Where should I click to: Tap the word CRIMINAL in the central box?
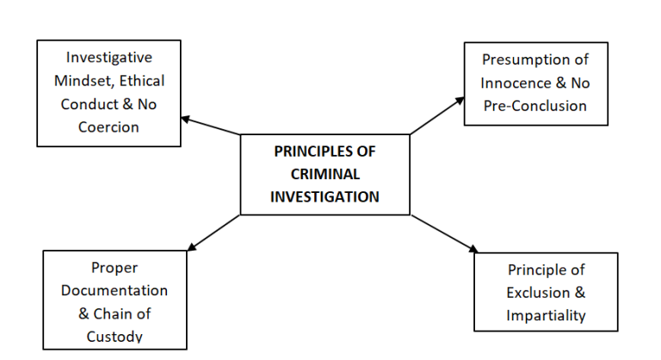click(x=324, y=173)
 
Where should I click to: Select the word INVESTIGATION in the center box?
click(x=324, y=196)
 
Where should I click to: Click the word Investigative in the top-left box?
click(x=109, y=58)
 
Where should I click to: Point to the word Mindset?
click(x=83, y=81)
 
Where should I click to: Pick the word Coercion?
click(x=109, y=127)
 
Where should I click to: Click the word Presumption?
click(x=525, y=60)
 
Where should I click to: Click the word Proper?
click(x=114, y=268)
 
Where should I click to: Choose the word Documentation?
click(x=114, y=290)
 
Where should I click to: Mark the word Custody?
click(x=114, y=336)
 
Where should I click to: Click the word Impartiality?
click(x=547, y=315)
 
